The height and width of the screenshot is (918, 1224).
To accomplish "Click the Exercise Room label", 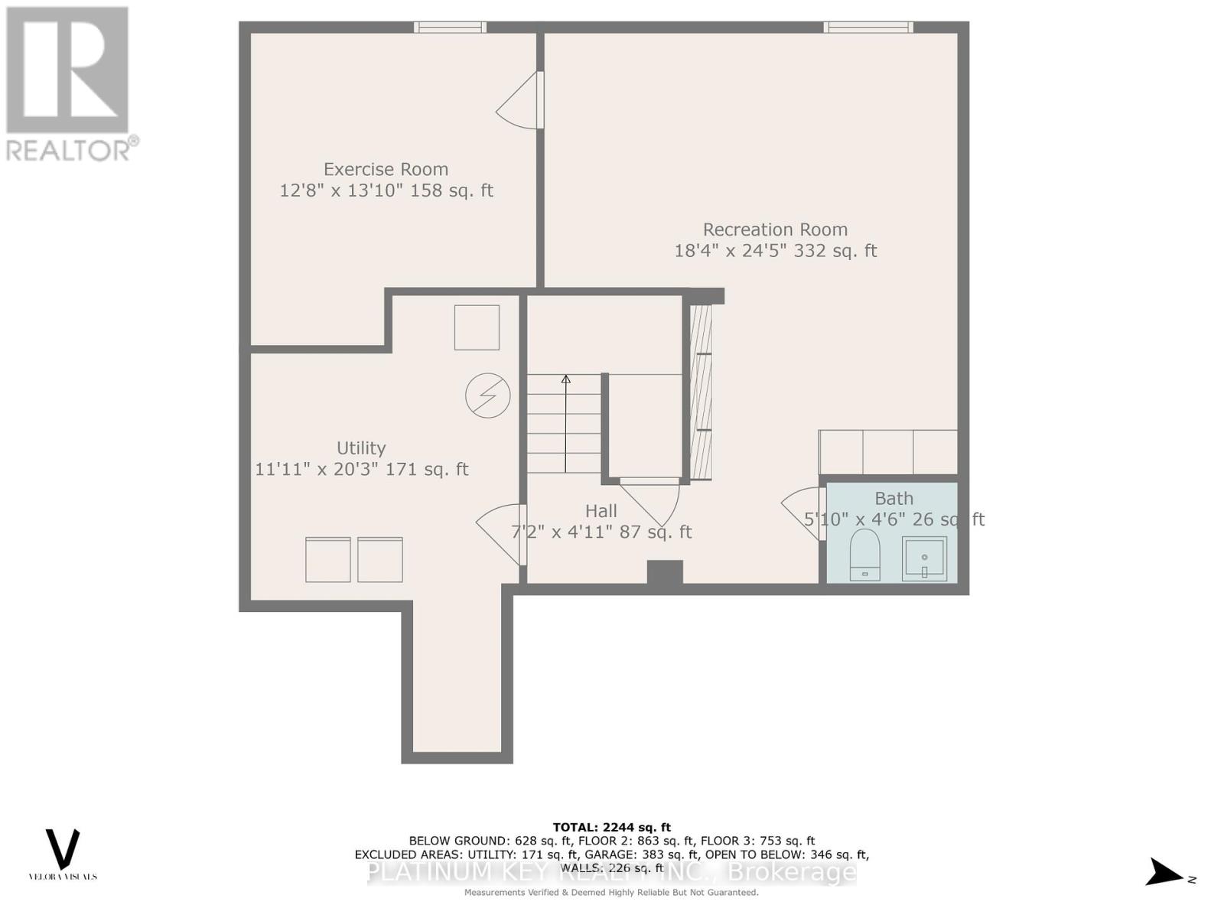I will tap(386, 169).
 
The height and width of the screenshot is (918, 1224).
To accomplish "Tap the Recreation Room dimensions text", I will tap(775, 251).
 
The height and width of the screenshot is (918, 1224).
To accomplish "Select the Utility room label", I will tap(361, 448).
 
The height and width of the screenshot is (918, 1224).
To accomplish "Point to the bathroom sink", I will tap(924, 558).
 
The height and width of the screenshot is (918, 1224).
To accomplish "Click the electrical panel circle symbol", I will tap(487, 396).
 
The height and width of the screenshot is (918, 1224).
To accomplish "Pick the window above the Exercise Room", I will tap(450, 28).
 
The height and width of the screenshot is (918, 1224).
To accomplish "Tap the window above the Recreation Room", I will tap(868, 28).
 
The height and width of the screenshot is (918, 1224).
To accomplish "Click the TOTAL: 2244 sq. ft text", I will tap(611, 827).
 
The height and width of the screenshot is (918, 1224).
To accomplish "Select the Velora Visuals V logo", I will tap(63, 849).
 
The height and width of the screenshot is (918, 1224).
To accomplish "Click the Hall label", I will tap(601, 511).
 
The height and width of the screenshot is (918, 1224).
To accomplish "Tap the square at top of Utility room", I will tap(477, 327).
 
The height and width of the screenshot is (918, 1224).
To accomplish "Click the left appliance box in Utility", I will tap(327, 560).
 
